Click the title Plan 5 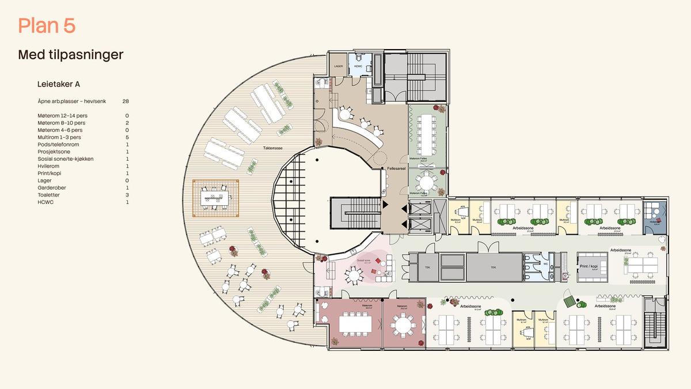click(x=47, y=26)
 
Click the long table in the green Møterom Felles click(x=427, y=127)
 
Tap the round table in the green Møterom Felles click(x=427, y=183)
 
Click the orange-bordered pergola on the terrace click(x=216, y=198)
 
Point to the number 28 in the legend click(x=126, y=101)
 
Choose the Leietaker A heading click(x=58, y=84)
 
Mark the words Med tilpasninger click(x=71, y=55)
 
